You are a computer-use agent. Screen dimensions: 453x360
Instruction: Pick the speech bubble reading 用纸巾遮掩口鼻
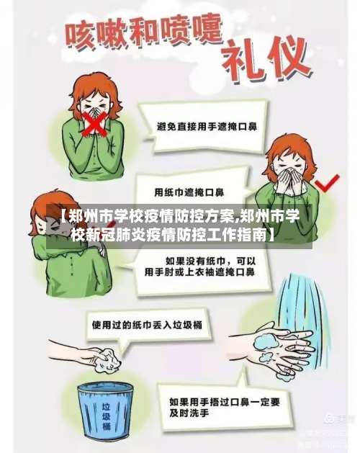pyautogui.click(x=189, y=193)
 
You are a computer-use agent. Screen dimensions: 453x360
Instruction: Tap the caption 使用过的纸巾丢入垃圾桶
pyautogui.click(x=146, y=325)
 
